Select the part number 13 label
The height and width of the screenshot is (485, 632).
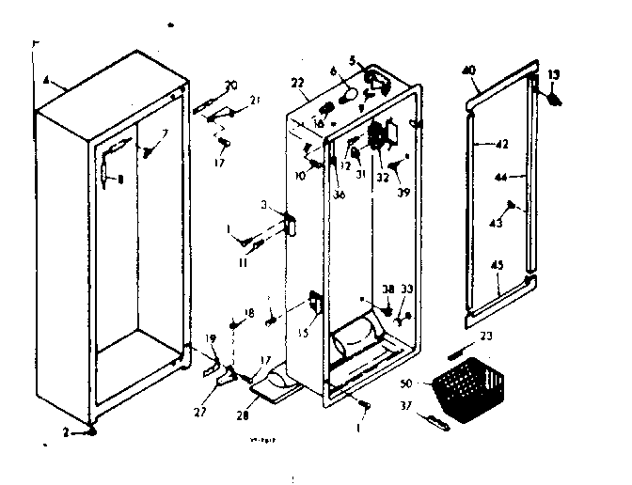tap(554, 75)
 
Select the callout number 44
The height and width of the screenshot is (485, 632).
tap(499, 178)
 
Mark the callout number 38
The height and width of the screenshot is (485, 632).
tap(387, 289)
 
